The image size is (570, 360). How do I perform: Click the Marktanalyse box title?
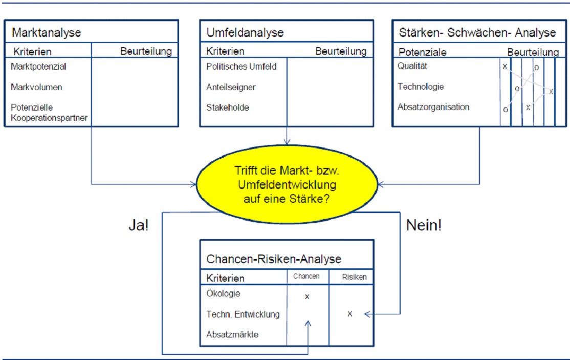click(x=46, y=33)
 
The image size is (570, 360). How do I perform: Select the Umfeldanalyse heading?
click(x=245, y=33)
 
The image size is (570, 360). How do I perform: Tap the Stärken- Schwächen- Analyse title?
click(x=476, y=33)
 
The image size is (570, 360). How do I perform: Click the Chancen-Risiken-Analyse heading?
click(x=273, y=259)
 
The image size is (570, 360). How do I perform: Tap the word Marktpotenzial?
click(x=39, y=67)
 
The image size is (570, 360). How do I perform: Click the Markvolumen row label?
click(x=36, y=87)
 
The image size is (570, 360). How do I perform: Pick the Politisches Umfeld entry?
click(x=241, y=67)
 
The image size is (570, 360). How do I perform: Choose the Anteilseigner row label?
click(x=231, y=87)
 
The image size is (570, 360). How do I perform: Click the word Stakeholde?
click(x=228, y=108)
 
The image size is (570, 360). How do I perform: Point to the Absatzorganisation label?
click(x=433, y=107)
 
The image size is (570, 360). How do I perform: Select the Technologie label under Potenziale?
click(x=421, y=87)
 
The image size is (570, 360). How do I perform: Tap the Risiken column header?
click(x=354, y=277)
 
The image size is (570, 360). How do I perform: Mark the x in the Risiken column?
click(x=349, y=314)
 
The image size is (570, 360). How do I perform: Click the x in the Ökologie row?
click(x=307, y=297)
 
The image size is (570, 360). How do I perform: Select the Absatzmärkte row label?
click(x=232, y=334)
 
